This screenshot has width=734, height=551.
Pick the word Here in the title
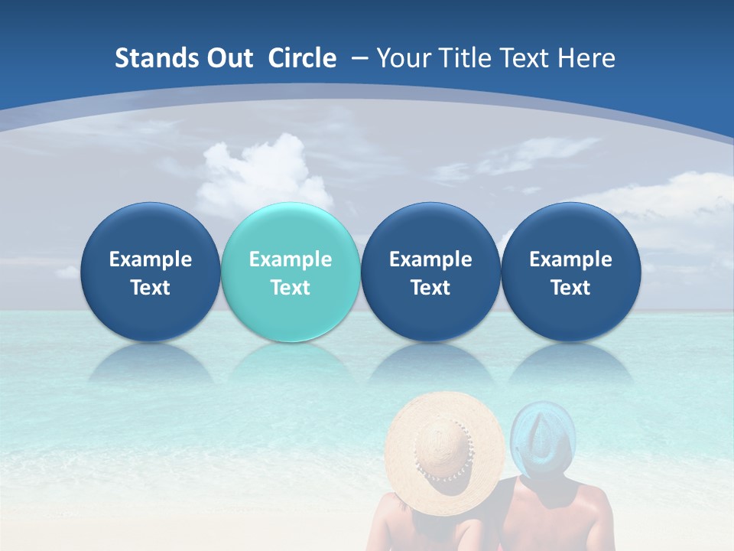click(x=588, y=58)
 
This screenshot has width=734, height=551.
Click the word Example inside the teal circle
click(x=291, y=259)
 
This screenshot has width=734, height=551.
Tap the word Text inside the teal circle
click(x=291, y=288)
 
